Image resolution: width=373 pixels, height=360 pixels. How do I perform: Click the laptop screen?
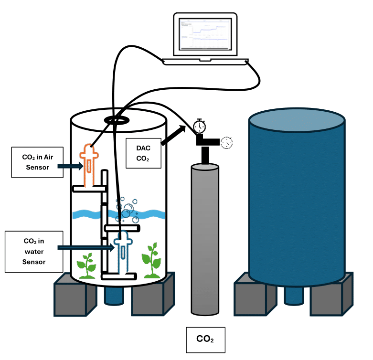point(204,34)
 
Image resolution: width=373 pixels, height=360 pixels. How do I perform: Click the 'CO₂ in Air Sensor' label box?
point(36,162)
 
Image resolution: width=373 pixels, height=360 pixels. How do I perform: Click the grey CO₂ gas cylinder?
point(205,239)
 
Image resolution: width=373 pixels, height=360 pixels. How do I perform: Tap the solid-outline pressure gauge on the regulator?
point(200,127)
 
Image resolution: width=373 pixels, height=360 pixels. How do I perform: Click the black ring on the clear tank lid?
point(117,119)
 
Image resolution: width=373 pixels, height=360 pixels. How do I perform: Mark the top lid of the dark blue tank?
point(297,120)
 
